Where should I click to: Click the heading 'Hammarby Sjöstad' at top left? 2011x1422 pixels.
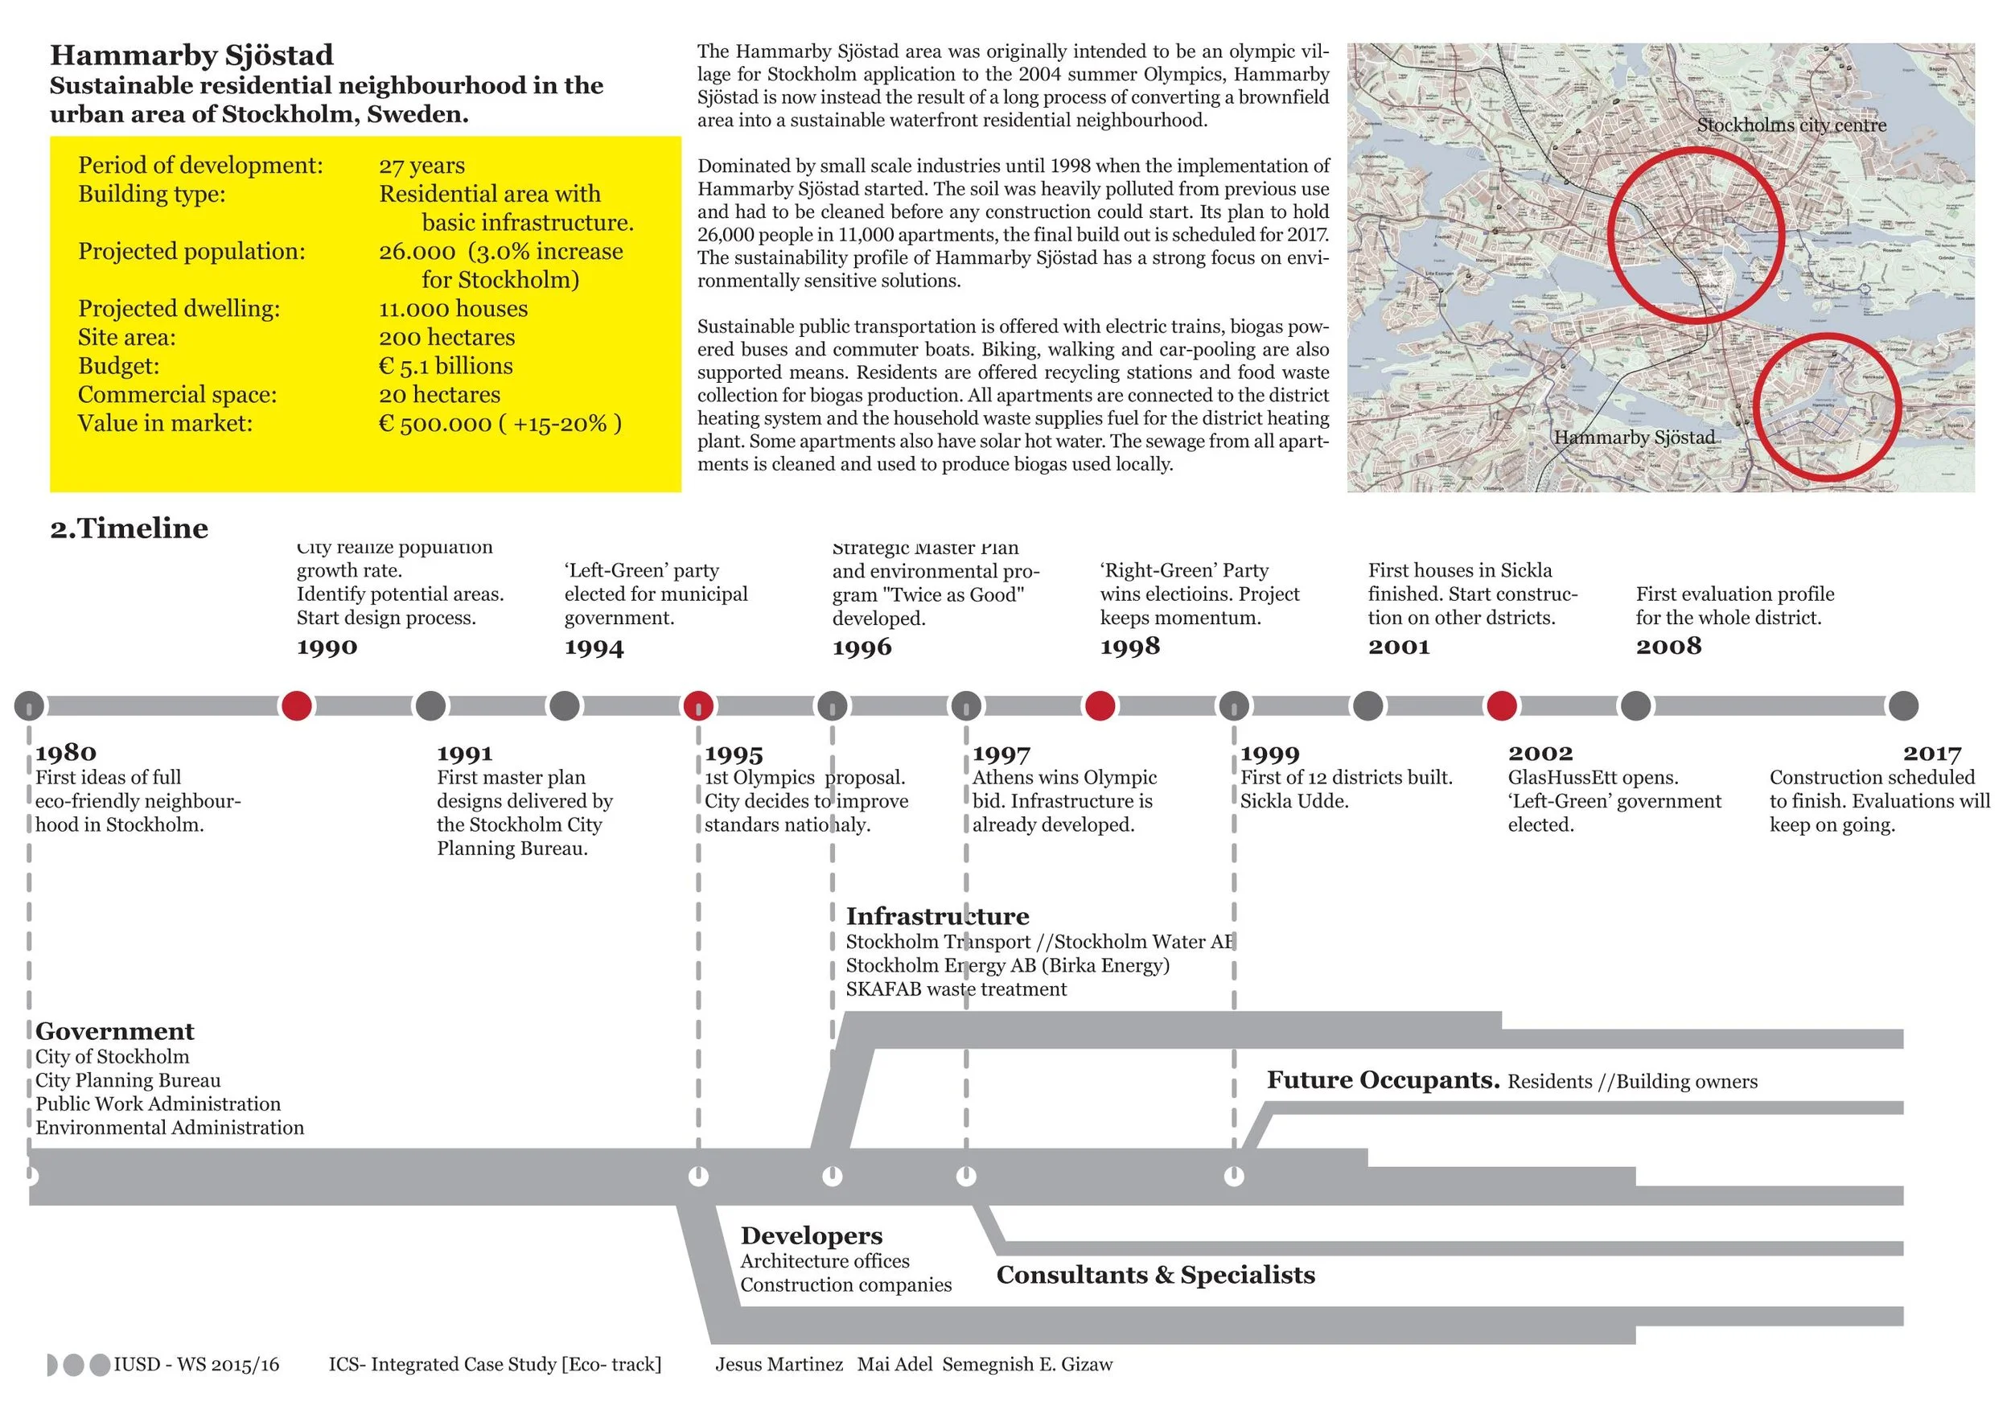pyautogui.click(x=191, y=55)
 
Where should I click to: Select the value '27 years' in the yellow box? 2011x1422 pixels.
pyautogui.click(x=422, y=166)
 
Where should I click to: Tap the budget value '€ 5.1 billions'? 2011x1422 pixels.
pyautogui.click(x=445, y=366)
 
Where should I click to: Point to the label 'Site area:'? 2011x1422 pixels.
pyautogui.click(x=126, y=337)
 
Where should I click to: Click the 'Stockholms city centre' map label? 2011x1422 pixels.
pyautogui.click(x=1791, y=125)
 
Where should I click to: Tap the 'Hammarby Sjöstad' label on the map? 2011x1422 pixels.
pyautogui.click(x=1634, y=437)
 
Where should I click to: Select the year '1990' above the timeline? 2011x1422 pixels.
pyautogui.click(x=327, y=647)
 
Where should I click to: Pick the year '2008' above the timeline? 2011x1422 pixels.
pyautogui.click(x=1668, y=646)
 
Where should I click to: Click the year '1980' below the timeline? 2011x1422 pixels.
pyautogui.click(x=66, y=753)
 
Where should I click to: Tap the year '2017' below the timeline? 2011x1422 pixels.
pyautogui.click(x=1931, y=753)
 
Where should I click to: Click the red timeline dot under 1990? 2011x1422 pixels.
pyautogui.click(x=296, y=705)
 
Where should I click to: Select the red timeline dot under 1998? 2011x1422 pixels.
pyautogui.click(x=1100, y=705)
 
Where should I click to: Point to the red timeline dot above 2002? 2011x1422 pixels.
pyautogui.click(x=1501, y=705)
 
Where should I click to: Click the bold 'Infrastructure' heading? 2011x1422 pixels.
pyautogui.click(x=937, y=917)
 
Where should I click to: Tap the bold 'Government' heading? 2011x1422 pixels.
pyautogui.click(x=115, y=1031)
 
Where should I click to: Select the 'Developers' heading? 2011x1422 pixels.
pyautogui.click(x=811, y=1235)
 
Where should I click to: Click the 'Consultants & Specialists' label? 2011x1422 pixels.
pyautogui.click(x=1155, y=1275)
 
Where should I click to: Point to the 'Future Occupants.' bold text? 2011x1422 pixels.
pyautogui.click(x=1383, y=1080)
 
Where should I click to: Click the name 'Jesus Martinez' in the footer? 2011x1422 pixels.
pyautogui.click(x=779, y=1364)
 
